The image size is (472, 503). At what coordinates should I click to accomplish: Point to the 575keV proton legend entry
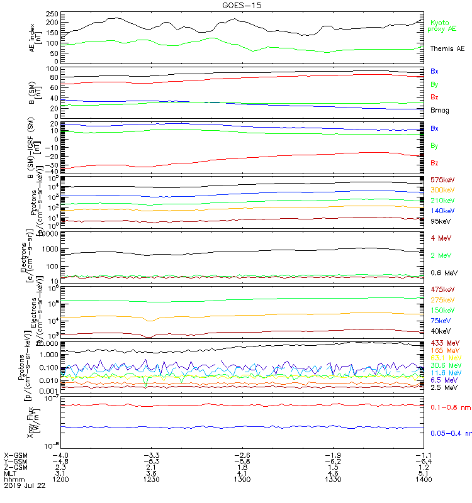442,180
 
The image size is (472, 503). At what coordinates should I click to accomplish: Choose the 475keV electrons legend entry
442,289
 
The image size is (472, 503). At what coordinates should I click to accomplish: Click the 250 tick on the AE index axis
52,13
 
